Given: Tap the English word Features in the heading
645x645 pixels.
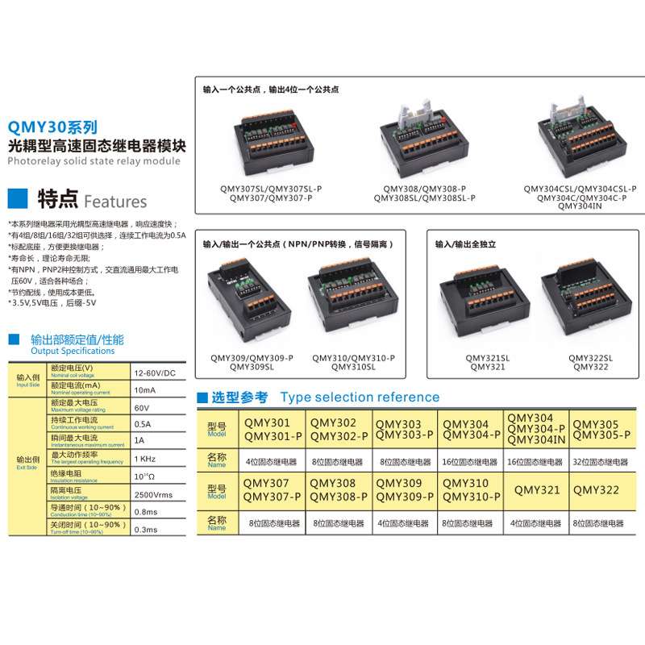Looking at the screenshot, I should click(x=115, y=202).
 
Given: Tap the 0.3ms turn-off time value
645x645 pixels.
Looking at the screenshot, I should click(x=146, y=529).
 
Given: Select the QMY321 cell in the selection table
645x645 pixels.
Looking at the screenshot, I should click(x=537, y=490).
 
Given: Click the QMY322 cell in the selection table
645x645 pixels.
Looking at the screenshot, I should click(x=596, y=490).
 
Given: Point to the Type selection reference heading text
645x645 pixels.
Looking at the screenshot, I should click(x=360, y=397).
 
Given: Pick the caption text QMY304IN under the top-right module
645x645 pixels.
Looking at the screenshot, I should click(x=580, y=206).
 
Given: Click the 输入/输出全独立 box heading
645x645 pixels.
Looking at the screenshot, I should click(x=465, y=243).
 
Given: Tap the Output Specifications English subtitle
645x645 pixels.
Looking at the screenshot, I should click(x=73, y=352).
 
